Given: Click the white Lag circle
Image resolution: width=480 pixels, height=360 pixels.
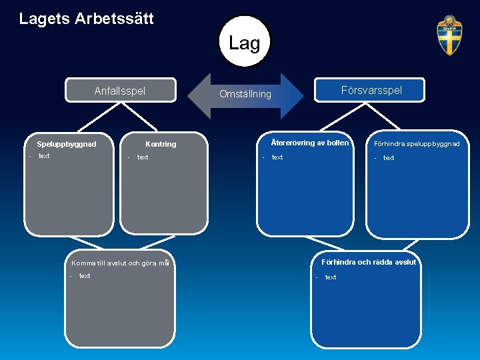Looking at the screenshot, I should pos(245,42).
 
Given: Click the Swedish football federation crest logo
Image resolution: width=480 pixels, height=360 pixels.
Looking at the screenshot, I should pos(449,36).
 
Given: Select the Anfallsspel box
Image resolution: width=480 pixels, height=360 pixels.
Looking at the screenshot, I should pos(120,91).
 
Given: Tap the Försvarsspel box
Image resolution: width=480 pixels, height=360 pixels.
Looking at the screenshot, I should pos(371,90).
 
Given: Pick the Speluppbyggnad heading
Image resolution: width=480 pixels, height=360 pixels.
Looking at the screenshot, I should pos(67,144).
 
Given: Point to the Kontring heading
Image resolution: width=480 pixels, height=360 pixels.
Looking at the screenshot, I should pos(161,144).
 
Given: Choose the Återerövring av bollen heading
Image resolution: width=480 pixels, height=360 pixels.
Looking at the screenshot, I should pos(310,143).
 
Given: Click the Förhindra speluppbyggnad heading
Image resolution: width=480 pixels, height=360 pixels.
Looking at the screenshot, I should pos(417,143).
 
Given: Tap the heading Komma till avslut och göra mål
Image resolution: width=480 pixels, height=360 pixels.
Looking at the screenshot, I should pos(120,263).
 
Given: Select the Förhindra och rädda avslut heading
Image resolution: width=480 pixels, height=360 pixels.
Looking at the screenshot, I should pos(368,262).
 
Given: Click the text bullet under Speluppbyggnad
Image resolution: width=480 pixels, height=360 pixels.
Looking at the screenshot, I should pos(44,156).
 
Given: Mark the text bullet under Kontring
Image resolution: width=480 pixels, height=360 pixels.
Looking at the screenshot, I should pos(143,157).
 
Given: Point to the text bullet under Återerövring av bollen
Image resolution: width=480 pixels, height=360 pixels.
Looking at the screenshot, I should pos(277,157).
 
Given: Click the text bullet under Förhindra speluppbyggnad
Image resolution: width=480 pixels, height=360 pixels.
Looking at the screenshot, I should pos(389,158).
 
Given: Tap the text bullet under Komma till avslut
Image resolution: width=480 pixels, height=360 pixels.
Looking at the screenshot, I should pos(85,276).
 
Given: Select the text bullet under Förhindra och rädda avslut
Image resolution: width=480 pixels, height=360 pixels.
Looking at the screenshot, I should pos(331,277).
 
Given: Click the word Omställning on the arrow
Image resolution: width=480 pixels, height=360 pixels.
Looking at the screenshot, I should pos(245,95).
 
